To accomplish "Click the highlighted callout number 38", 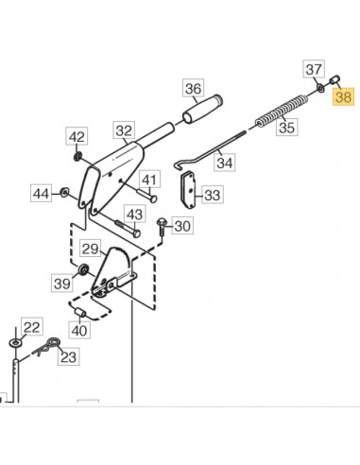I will pyautogui.click(x=342, y=96).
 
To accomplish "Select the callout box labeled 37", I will pyautogui.click(x=315, y=69).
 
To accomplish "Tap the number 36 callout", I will pyautogui.click(x=193, y=91).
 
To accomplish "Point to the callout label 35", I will pyautogui.click(x=287, y=126).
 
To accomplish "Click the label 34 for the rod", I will pyautogui.click(x=225, y=163).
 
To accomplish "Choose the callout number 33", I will pyautogui.click(x=213, y=196).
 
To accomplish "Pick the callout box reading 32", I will pyautogui.click(x=125, y=130).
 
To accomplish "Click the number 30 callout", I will pyautogui.click(x=181, y=226).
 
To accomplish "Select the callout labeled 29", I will pyautogui.click(x=90, y=250).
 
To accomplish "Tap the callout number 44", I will pyautogui.click(x=41, y=194).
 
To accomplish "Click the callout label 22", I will pyautogui.click(x=32, y=327).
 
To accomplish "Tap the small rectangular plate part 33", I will pyautogui.click(x=190, y=194).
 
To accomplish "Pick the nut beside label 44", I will pyautogui.click(x=64, y=194).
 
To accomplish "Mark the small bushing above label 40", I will pyautogui.click(x=80, y=312).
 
